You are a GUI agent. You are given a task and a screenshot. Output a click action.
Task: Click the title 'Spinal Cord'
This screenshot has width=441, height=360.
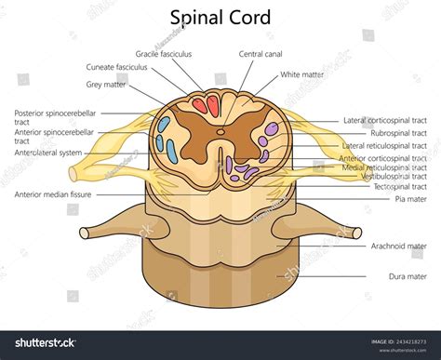pyautogui.click(x=220, y=18)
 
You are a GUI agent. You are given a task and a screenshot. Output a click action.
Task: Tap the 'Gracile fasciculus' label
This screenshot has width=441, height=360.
pyautogui.click(x=163, y=55)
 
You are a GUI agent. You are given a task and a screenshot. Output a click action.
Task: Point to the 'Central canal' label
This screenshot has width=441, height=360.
pyautogui.click(x=261, y=55)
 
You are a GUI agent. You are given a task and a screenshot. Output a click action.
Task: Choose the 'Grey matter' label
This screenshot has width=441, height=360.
pyautogui.click(x=106, y=84)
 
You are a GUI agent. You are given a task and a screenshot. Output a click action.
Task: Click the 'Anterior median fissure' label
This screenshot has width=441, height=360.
pyautogui.click(x=53, y=195)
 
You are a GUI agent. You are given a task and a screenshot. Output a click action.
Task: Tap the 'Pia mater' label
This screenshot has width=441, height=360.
pyautogui.click(x=409, y=199)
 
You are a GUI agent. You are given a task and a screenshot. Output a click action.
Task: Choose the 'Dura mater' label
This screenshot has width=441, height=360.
pyautogui.click(x=407, y=276)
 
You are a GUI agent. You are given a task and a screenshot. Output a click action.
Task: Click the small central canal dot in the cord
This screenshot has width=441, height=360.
pyautogui.click(x=220, y=140)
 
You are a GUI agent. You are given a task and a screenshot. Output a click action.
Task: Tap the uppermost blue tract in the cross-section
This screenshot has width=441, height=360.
pyautogui.click(x=164, y=123)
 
